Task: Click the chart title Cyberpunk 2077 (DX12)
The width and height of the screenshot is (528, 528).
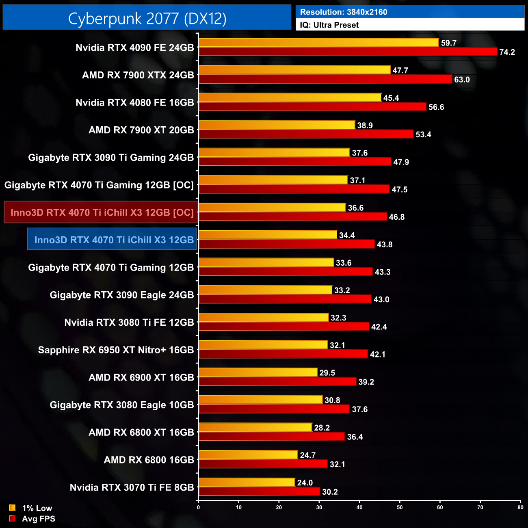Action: (147, 18)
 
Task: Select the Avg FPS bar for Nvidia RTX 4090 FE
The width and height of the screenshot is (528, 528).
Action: (348, 52)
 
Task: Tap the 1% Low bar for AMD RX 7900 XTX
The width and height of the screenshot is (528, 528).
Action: (294, 70)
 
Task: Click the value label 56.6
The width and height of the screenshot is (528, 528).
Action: (436, 107)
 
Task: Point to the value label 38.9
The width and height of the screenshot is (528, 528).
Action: (365, 126)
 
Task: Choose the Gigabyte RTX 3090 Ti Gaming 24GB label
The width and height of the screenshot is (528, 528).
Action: (111, 158)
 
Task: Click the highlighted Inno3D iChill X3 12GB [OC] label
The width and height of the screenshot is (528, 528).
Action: (102, 212)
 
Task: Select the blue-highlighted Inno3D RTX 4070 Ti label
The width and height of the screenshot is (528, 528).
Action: (114, 240)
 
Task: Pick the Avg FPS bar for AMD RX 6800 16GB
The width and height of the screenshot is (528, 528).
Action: (263, 464)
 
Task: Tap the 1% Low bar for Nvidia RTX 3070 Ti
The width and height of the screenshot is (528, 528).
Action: (247, 482)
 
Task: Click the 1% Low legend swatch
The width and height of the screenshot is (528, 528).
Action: (12, 508)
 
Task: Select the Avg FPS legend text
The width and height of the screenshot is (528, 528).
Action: (39, 519)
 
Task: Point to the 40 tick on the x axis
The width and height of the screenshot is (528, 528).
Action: (359, 507)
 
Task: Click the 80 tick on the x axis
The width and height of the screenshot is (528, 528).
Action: (520, 507)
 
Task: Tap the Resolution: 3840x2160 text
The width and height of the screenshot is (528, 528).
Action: (344, 12)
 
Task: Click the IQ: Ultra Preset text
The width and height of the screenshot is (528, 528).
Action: (329, 25)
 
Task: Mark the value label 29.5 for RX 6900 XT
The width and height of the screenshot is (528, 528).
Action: (327, 373)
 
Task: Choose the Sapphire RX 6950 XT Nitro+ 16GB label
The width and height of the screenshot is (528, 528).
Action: (116, 350)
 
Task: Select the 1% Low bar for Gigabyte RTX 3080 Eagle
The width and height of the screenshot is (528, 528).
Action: (260, 400)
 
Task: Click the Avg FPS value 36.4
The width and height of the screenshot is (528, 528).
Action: (355, 437)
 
